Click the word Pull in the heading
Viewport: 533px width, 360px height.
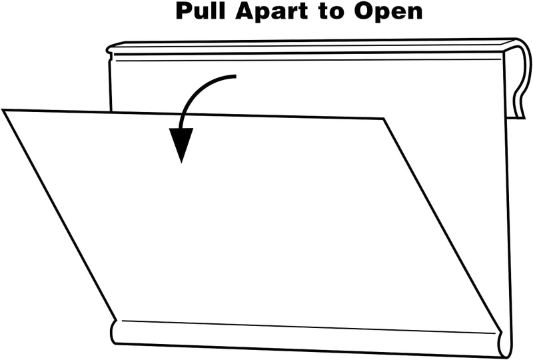(x=201, y=11)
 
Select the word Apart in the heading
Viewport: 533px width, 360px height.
(x=271, y=12)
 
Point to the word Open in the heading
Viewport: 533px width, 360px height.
(x=388, y=12)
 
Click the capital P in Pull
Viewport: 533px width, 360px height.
(x=184, y=11)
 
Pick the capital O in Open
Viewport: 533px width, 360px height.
(x=362, y=11)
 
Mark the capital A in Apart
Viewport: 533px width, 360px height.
(x=244, y=11)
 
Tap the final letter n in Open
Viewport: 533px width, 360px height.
(x=415, y=13)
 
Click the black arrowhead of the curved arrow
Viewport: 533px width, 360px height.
(x=181, y=143)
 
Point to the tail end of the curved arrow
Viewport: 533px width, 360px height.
(x=235, y=77)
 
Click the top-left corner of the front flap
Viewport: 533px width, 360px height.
(x=3, y=110)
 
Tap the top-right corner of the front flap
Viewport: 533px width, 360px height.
(x=384, y=119)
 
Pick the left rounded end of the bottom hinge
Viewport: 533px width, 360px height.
(x=114, y=332)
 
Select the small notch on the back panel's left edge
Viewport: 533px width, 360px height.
(x=109, y=61)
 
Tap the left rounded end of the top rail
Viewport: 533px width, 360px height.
(x=109, y=49)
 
